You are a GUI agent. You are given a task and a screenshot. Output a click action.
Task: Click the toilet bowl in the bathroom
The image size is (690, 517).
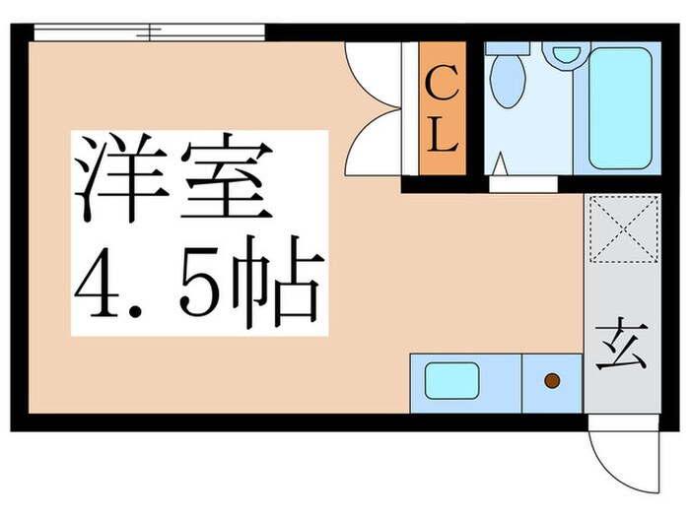pyautogui.click(x=509, y=79)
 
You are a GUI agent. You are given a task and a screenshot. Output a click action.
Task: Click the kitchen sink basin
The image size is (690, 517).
pyautogui.click(x=451, y=380)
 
